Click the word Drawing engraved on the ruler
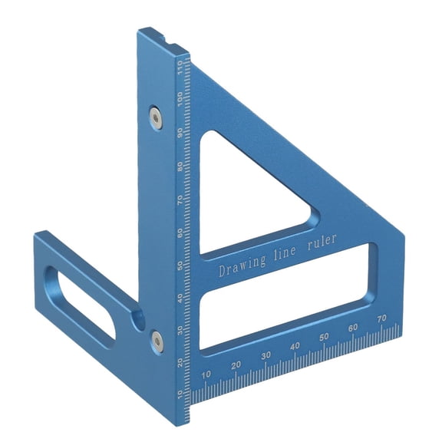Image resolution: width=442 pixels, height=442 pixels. point(242,266)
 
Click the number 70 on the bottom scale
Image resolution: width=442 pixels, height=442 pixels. point(381,318)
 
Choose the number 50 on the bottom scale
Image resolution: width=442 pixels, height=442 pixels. point(324,337)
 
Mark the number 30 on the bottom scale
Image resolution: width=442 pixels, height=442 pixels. point(266,356)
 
